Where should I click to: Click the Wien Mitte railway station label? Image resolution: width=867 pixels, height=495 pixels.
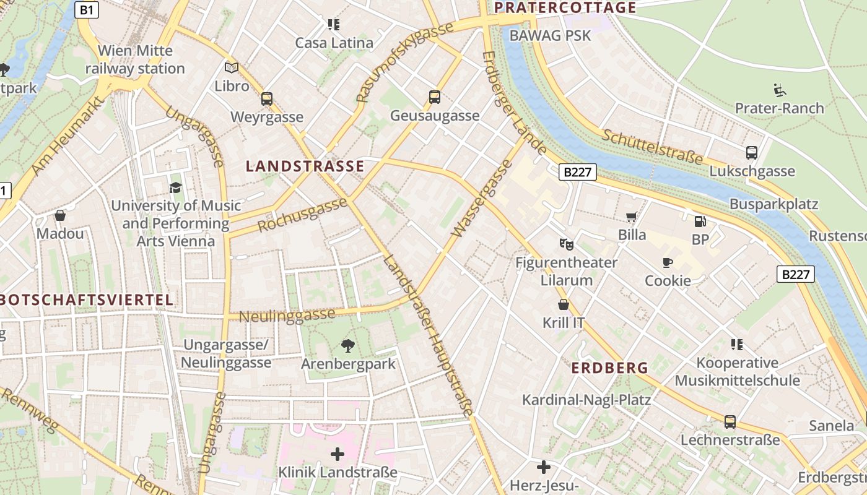tap(135, 59)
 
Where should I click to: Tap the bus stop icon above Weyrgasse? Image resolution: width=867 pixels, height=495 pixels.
tap(267, 98)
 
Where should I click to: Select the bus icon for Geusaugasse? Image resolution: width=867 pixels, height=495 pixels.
tap(435, 97)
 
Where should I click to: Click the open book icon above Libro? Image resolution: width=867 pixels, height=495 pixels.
tap(232, 67)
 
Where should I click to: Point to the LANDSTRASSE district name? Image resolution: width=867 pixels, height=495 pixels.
tap(305, 166)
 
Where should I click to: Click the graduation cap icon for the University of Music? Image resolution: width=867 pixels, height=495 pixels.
tap(176, 187)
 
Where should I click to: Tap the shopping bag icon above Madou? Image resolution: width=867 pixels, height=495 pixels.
tap(60, 215)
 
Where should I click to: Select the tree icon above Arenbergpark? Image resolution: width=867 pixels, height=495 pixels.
tap(348, 346)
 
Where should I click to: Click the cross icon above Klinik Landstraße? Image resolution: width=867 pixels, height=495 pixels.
tap(338, 455)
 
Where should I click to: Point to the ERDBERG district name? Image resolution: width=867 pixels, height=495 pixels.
tap(609, 368)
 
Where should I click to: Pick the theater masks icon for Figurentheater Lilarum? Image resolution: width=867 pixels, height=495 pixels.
tap(566, 244)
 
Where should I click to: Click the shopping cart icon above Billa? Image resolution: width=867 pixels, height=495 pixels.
tap(632, 217)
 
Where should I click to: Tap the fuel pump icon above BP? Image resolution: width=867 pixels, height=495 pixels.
tap(700, 221)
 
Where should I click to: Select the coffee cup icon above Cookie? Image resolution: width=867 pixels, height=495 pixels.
tap(668, 262)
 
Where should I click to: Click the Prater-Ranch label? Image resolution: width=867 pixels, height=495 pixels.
tap(779, 108)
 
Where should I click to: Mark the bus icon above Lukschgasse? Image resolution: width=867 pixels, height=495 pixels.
tap(752, 152)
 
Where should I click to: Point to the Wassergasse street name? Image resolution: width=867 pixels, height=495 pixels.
tap(482, 199)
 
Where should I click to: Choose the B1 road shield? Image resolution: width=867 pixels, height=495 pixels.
tap(87, 9)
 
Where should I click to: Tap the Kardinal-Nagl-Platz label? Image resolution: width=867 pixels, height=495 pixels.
tap(586, 400)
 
